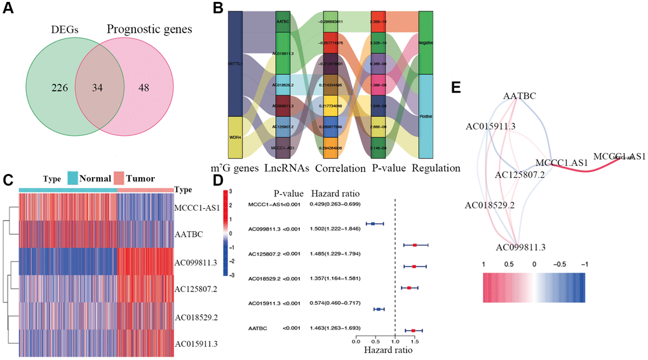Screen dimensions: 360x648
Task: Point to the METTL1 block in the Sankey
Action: (x=235, y=63)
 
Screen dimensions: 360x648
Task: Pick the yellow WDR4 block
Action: (x=235, y=137)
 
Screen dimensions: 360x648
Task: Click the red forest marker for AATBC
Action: (x=414, y=330)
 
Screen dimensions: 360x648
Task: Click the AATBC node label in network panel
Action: (x=519, y=95)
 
